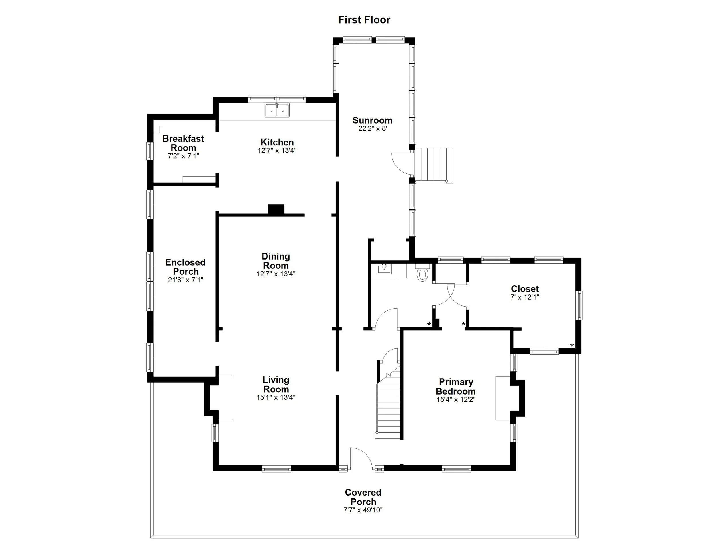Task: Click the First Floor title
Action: pyautogui.click(x=364, y=20)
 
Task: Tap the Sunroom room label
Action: pyautogui.click(x=372, y=120)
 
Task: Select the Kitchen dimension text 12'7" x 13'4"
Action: pyautogui.click(x=277, y=151)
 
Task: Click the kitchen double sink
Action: pyautogui.click(x=277, y=110)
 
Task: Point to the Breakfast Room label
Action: pyautogui.click(x=183, y=143)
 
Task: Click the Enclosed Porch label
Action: pyautogui.click(x=185, y=267)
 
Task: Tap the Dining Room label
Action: pyautogui.click(x=276, y=261)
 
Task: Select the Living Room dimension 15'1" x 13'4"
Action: pyautogui.click(x=276, y=397)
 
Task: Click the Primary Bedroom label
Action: pyautogui.click(x=455, y=387)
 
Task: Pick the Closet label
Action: pyautogui.click(x=525, y=289)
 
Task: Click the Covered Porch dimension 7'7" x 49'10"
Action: pyautogui.click(x=363, y=510)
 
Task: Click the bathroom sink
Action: pyautogui.click(x=384, y=270)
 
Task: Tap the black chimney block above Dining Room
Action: pyautogui.click(x=276, y=209)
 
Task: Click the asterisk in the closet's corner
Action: pyautogui.click(x=572, y=346)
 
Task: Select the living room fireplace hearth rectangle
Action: pyautogui.click(x=226, y=398)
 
